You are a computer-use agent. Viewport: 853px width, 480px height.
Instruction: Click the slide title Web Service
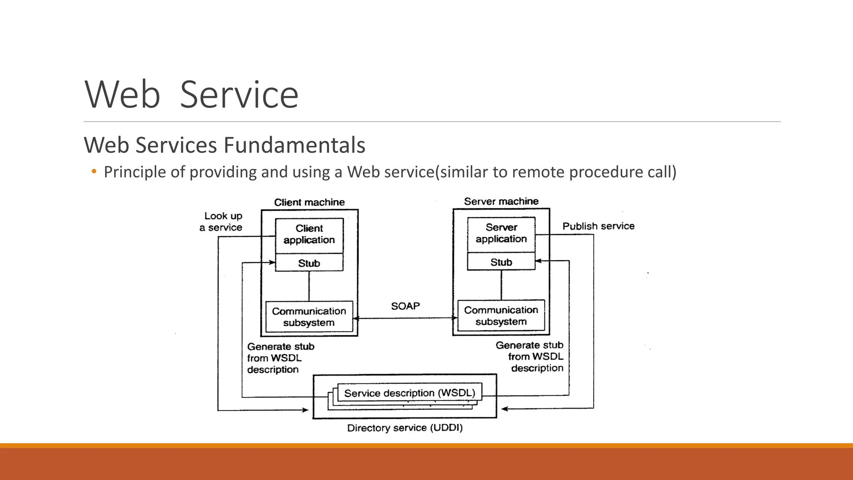[192, 95]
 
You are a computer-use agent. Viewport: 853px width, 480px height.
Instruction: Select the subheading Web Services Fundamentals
[224, 145]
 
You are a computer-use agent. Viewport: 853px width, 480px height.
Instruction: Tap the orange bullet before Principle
[94, 171]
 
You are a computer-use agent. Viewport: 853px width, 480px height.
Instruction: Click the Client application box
[309, 235]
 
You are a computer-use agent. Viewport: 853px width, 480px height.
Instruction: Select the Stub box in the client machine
[309, 263]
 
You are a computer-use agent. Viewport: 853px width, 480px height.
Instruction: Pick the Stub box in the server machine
[501, 262]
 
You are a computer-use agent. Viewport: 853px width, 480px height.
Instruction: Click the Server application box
[501, 233]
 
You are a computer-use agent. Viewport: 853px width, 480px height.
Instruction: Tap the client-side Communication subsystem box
[309, 317]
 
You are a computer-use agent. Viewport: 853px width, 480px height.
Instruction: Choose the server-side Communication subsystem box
[501, 316]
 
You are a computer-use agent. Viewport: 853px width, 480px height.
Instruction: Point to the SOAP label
[405, 306]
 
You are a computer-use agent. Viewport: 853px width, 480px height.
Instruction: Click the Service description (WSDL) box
[409, 393]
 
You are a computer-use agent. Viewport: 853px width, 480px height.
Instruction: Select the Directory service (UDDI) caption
[405, 428]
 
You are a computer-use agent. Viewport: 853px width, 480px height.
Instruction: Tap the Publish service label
[599, 226]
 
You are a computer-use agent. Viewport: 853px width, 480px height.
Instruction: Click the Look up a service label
[222, 222]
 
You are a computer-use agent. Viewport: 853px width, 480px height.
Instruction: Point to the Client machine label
[309, 202]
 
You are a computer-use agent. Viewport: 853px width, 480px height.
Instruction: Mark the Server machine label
[501, 202]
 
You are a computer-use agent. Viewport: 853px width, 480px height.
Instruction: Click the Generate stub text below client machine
[280, 358]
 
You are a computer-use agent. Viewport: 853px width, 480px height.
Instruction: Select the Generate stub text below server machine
[530, 357]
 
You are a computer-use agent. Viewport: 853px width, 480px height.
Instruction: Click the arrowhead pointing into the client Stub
[272, 262]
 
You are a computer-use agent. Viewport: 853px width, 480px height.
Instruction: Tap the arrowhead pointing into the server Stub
[538, 261]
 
